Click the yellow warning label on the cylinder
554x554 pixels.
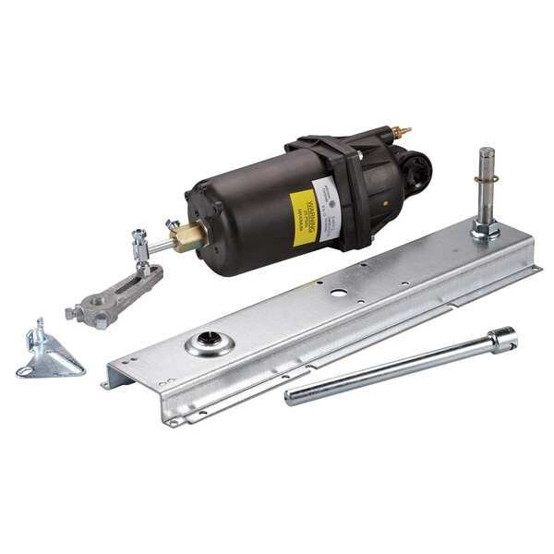click(x=304, y=218)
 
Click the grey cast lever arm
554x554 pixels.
click(x=114, y=295)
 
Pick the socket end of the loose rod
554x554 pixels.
click(x=503, y=339)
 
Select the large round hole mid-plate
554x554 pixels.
click(x=338, y=293)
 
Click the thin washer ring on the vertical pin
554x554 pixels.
click(x=486, y=178)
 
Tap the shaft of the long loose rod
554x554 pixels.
click(x=388, y=370)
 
